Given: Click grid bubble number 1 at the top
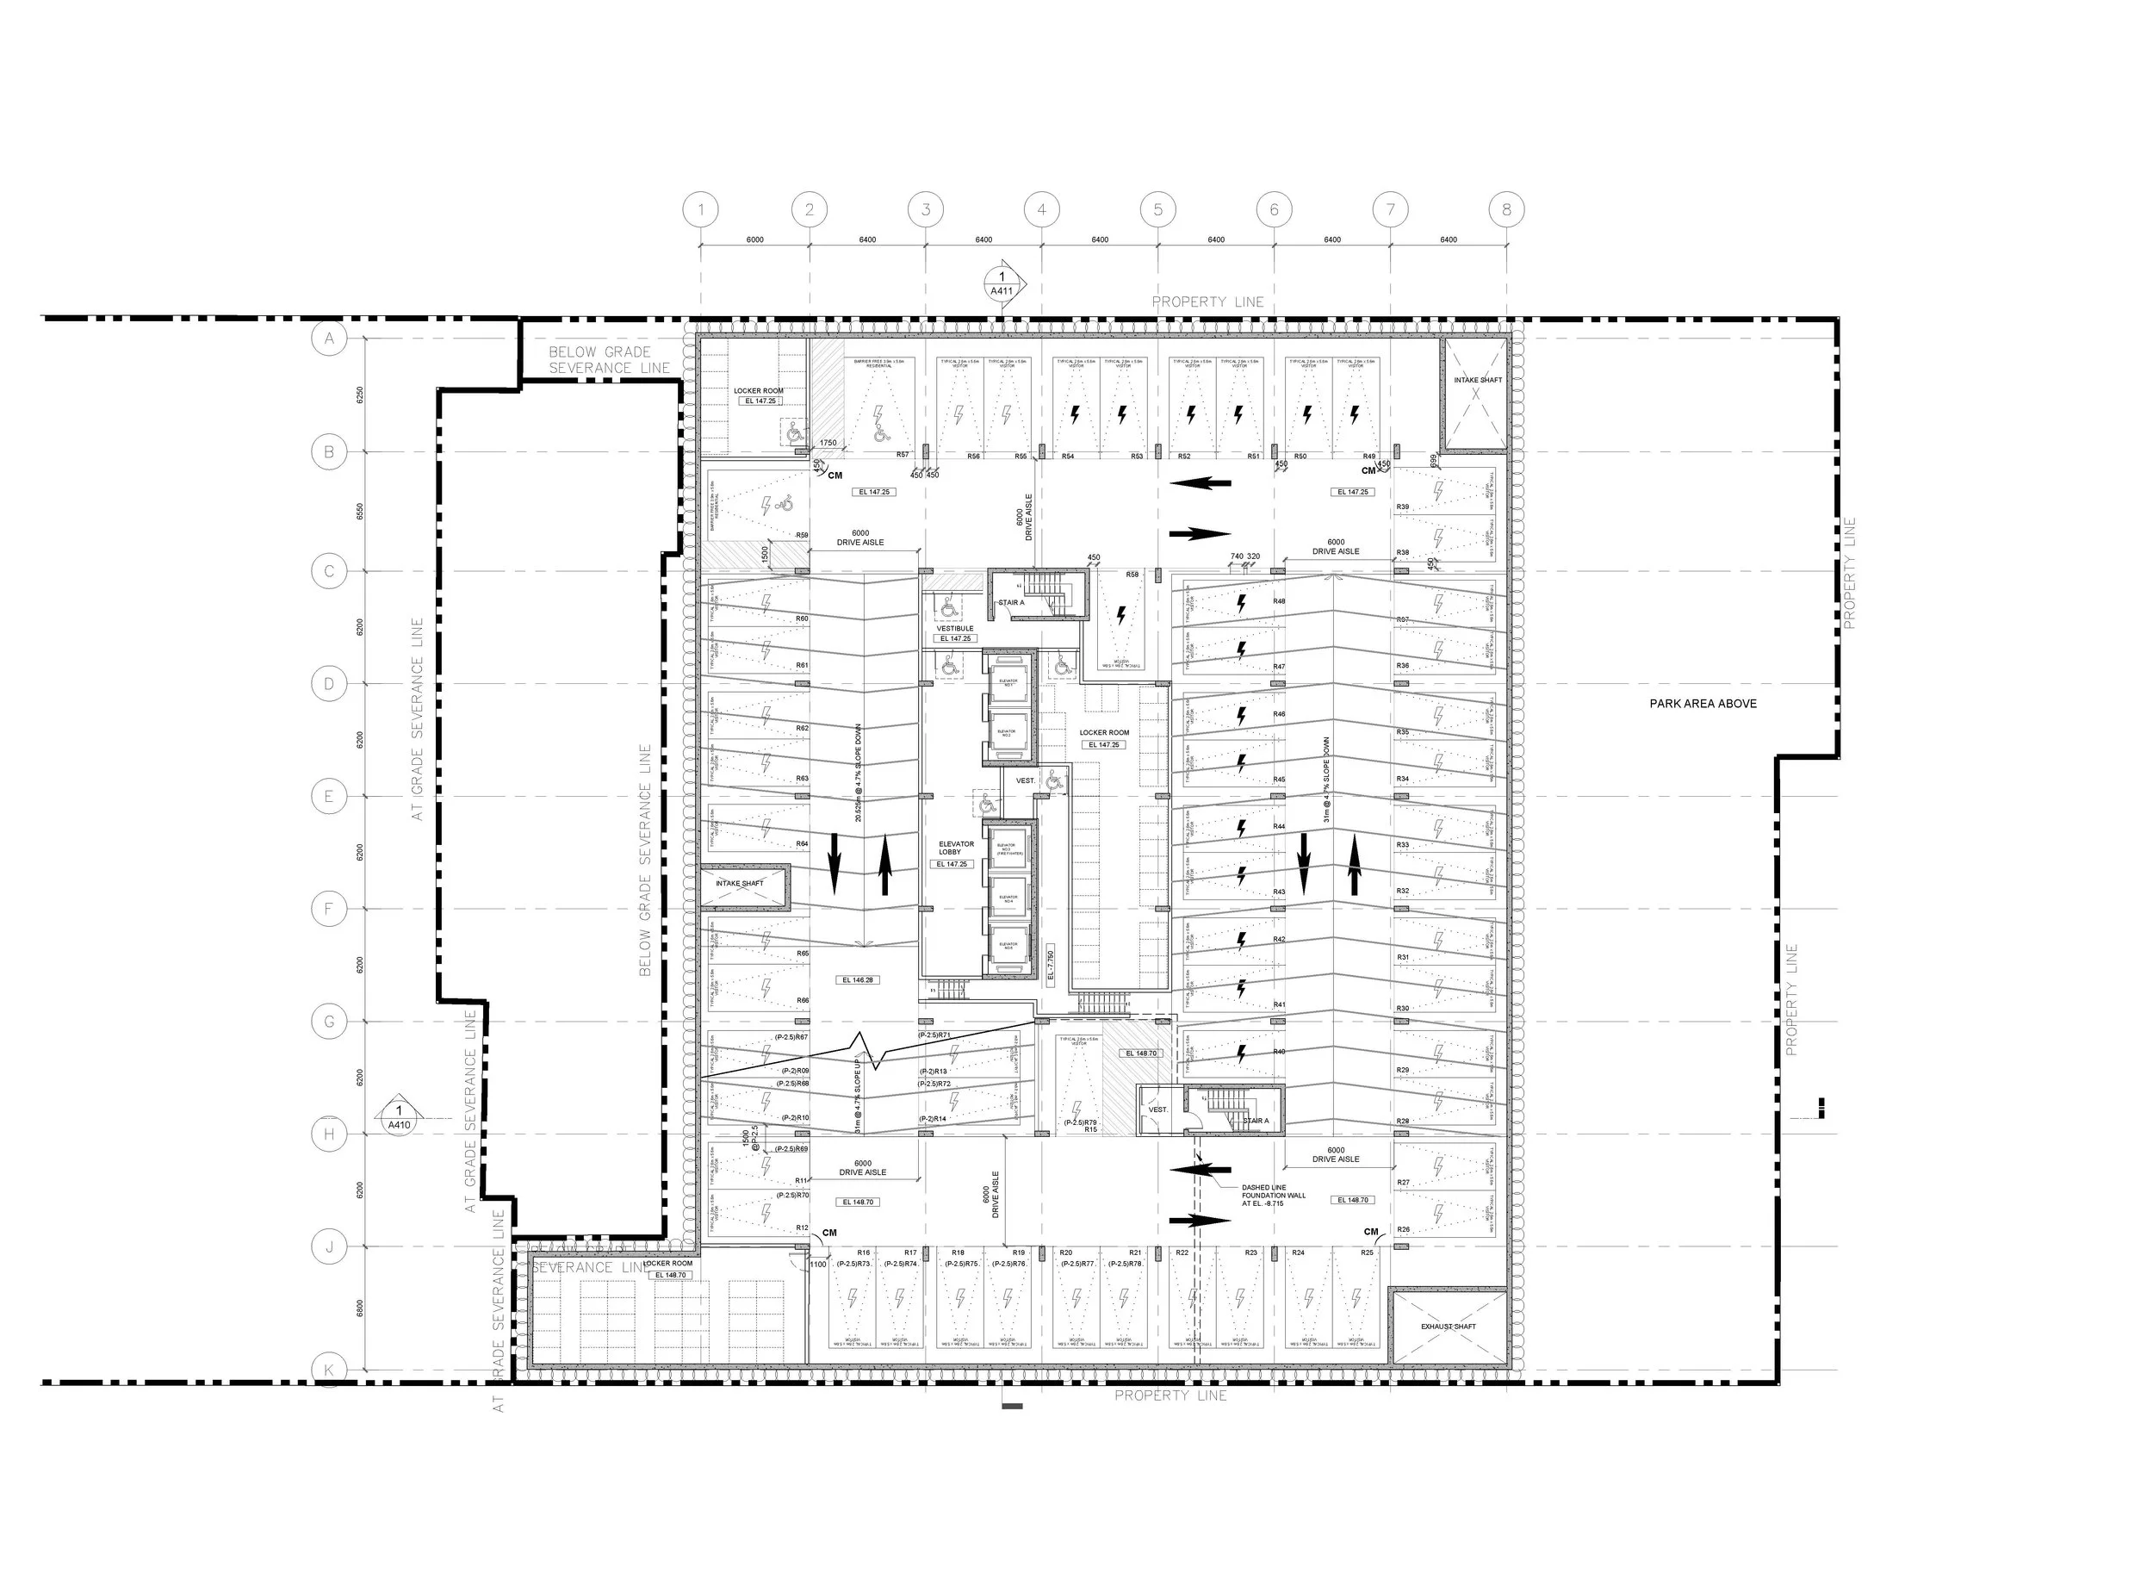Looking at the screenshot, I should coord(701,209).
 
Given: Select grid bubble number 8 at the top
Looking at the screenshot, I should coord(1506,209).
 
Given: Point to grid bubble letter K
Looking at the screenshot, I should coord(329,1370).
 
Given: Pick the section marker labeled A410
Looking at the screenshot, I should coord(399,1117).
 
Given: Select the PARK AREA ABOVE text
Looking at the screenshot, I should coord(1703,704).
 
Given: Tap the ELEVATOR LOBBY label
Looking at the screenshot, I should coord(956,848).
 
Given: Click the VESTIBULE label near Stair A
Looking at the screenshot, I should coord(955,628).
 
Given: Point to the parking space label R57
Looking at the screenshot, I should coord(903,455).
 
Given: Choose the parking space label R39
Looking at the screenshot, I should coord(1403,507).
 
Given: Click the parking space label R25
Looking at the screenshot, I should coord(1368,1253).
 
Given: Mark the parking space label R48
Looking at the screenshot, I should coord(1279,601).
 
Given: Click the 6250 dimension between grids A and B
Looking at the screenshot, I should coord(360,395).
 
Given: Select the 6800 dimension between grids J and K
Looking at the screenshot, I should coord(360,1308).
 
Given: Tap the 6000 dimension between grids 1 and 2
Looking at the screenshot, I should coord(755,239).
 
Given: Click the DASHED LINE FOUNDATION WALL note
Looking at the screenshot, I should coord(1273,1195).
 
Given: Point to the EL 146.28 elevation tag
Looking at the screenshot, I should coord(857,979).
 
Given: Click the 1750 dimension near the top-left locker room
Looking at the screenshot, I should coord(827,443).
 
